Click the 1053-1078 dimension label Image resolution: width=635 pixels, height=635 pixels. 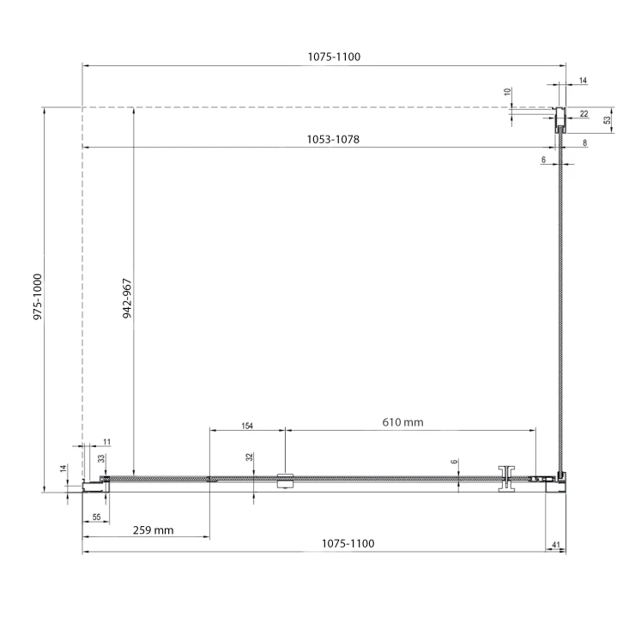[x=333, y=139]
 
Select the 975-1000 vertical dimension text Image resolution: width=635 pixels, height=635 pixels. [x=38, y=297]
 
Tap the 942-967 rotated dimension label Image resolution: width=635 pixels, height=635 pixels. [x=127, y=299]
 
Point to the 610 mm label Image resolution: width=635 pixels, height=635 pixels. [x=402, y=422]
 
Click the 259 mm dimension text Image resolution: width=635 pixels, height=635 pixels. [x=153, y=530]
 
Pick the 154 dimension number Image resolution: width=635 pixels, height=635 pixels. [x=247, y=426]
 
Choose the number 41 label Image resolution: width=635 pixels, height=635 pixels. [x=556, y=545]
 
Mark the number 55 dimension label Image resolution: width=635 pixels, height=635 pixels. [x=96, y=517]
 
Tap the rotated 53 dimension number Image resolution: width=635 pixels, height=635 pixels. [x=607, y=120]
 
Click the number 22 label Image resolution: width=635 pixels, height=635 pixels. [x=584, y=114]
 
